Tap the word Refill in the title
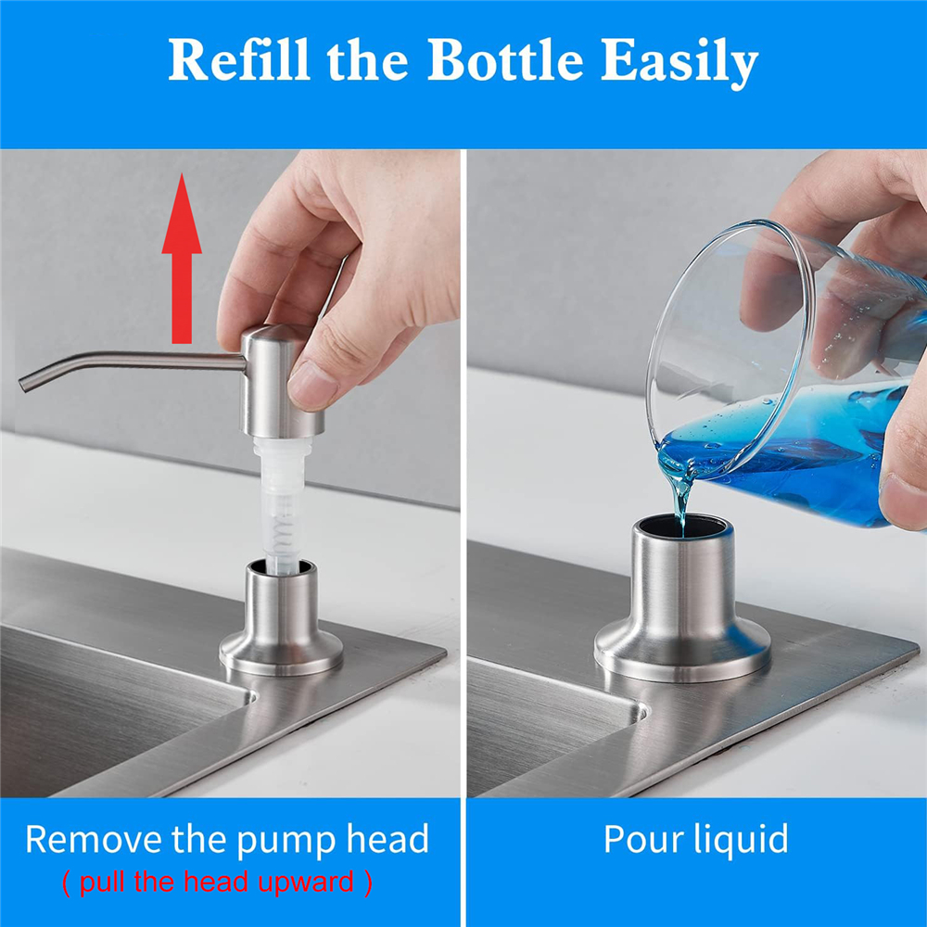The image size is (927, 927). point(239,62)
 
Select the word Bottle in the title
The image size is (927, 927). point(505,62)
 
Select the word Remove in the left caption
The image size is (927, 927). point(94,840)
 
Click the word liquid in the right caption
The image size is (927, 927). point(743,840)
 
